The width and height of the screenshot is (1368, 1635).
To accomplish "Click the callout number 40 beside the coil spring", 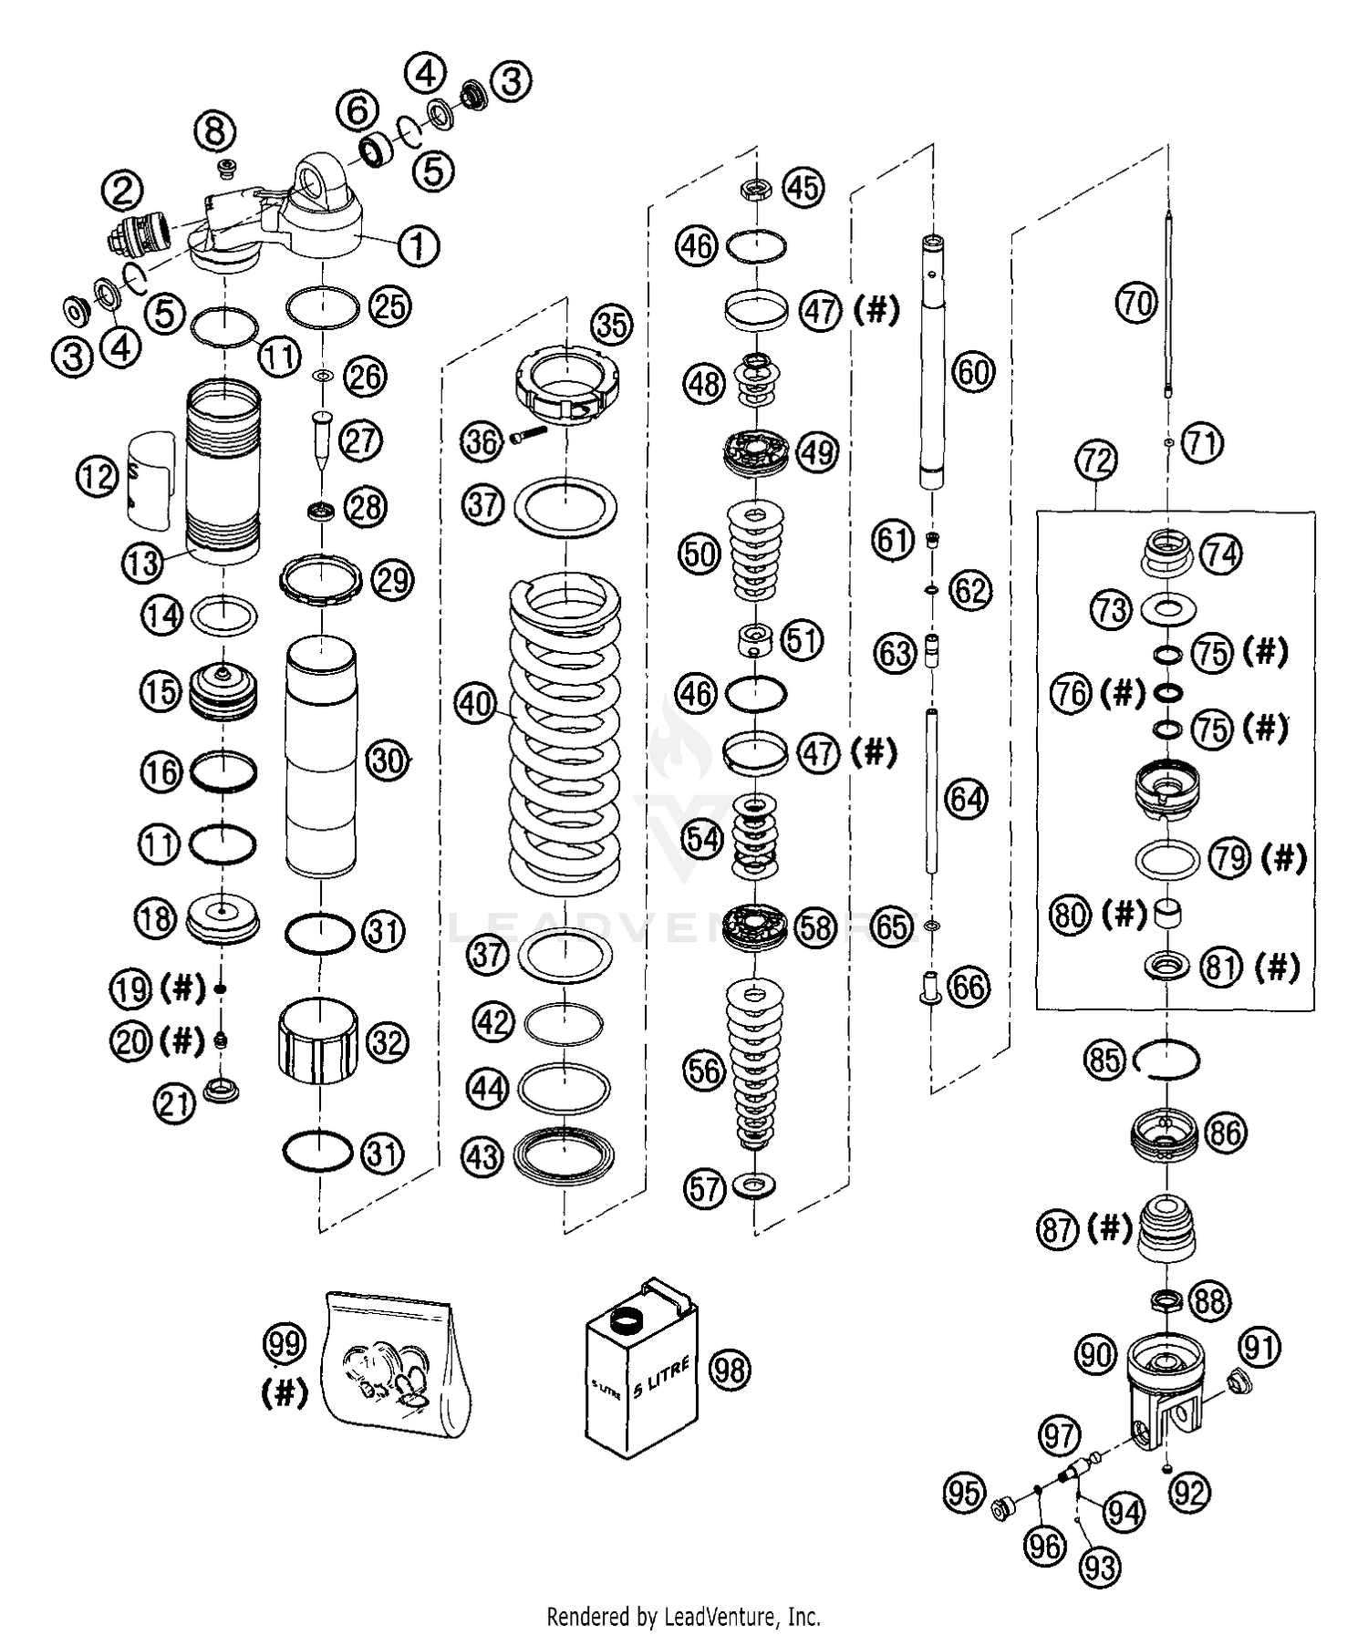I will click(475, 704).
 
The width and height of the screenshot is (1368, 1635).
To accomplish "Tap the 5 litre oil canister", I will click(642, 1369).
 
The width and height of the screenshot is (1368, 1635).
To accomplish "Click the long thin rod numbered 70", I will click(1168, 310).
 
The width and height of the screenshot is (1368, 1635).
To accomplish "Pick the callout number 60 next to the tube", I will click(973, 372).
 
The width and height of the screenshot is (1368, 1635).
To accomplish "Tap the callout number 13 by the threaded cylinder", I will click(141, 563).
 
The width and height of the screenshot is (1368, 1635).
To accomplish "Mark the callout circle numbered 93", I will click(1100, 1568).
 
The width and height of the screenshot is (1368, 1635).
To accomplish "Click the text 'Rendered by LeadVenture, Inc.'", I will click(683, 1617).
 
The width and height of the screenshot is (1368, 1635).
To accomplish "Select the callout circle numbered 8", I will click(214, 131).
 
